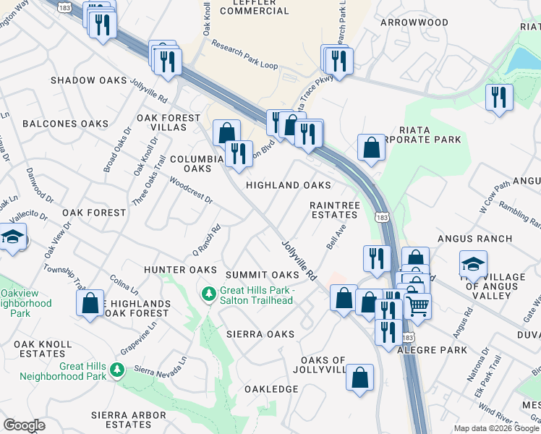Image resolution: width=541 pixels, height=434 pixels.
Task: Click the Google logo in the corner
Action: [24, 425]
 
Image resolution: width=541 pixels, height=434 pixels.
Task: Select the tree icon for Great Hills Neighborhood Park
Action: [116, 370]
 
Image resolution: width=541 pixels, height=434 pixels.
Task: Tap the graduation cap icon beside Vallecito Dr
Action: [12, 237]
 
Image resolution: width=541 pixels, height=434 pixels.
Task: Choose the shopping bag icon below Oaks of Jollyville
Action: [360, 377]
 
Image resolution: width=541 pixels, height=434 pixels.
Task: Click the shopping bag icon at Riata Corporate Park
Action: [371, 148]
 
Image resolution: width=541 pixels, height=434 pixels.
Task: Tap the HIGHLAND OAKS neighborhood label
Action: [289, 186]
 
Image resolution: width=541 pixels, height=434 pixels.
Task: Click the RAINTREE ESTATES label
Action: [334, 210]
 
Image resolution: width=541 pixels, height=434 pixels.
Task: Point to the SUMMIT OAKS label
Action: [262, 276]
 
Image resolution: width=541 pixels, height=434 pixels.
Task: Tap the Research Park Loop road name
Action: [244, 55]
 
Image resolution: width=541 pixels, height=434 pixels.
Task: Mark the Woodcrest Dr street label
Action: [191, 190]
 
